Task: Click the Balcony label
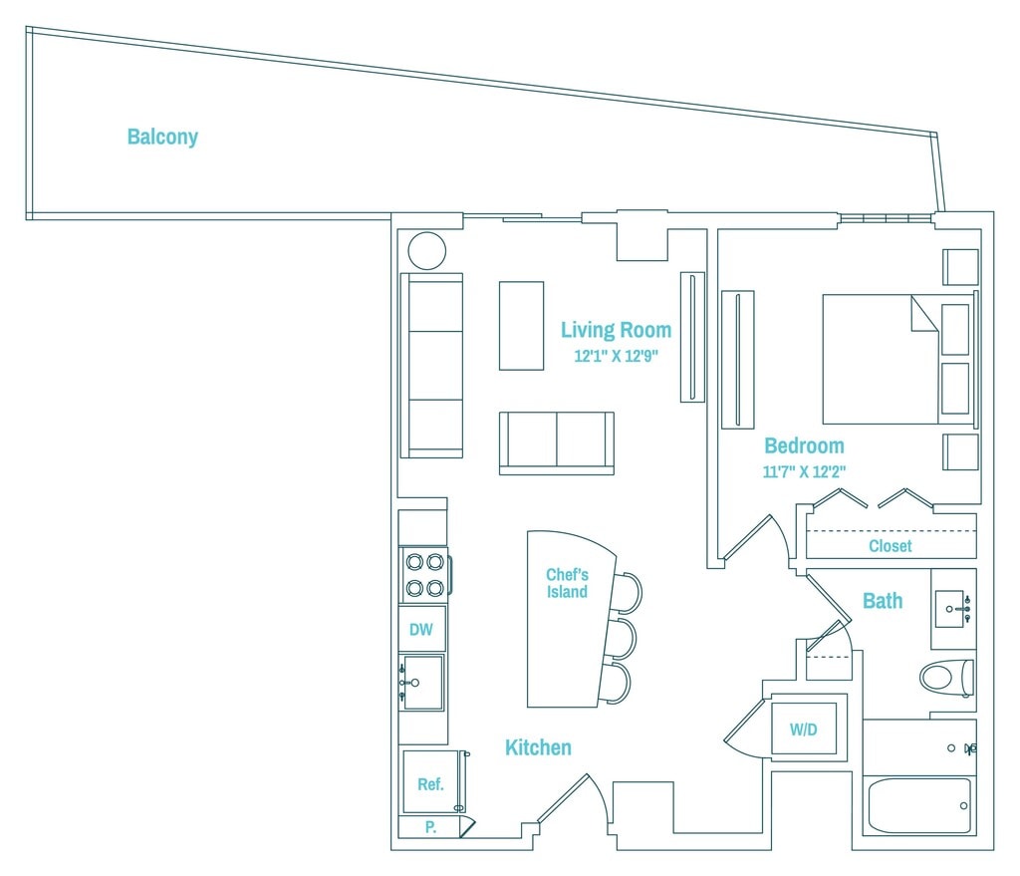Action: point(162,138)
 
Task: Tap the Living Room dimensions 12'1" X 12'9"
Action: point(616,355)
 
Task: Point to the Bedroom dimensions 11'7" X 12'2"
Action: point(804,471)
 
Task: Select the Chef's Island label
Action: point(567,583)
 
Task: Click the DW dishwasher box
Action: point(421,629)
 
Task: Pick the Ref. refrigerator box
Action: point(430,784)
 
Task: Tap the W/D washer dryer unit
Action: point(804,730)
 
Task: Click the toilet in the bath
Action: point(944,678)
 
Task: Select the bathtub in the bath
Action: point(918,804)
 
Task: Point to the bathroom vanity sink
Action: point(953,607)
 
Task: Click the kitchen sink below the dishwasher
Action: point(422,683)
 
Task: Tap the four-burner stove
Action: point(424,575)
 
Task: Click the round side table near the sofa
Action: point(427,250)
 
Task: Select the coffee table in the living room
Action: point(521,326)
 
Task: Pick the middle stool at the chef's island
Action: point(620,639)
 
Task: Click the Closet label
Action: point(890,546)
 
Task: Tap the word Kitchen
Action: point(538,747)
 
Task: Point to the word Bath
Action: point(883,600)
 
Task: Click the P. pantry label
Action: point(430,826)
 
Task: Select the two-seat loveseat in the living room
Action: point(556,442)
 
